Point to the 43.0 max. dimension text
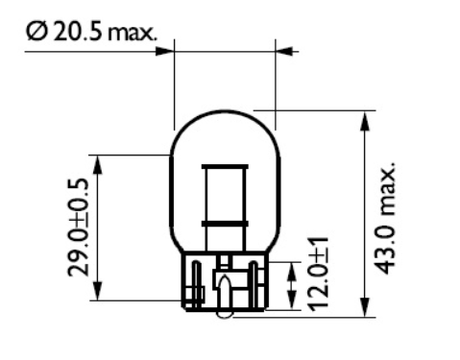pyautogui.click(x=385, y=215)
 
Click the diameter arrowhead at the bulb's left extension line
pyautogui.click(x=165, y=48)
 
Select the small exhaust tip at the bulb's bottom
pyautogui.click(x=224, y=312)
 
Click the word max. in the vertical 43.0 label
pyautogui.click(x=385, y=186)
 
